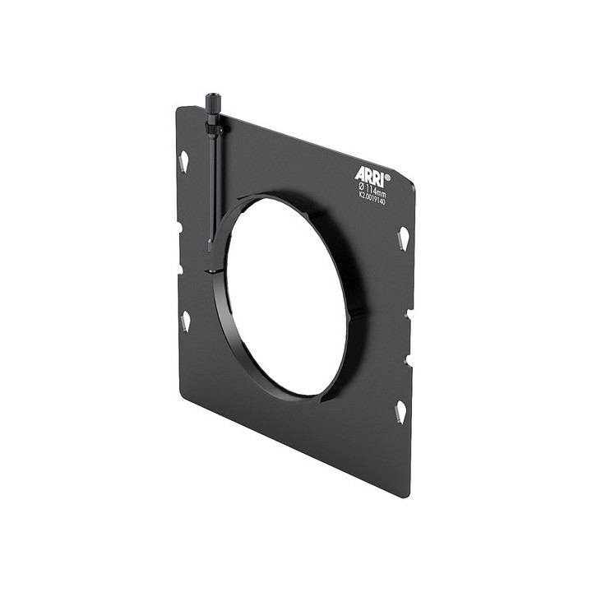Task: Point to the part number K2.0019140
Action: point(372,197)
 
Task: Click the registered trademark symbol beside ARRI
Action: point(387,176)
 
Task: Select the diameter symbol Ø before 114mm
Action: point(361,186)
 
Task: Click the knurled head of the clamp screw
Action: point(212,107)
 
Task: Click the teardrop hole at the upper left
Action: point(183,161)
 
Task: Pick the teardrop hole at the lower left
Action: point(185,321)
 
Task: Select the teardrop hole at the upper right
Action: point(403,239)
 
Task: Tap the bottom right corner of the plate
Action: point(406,496)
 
